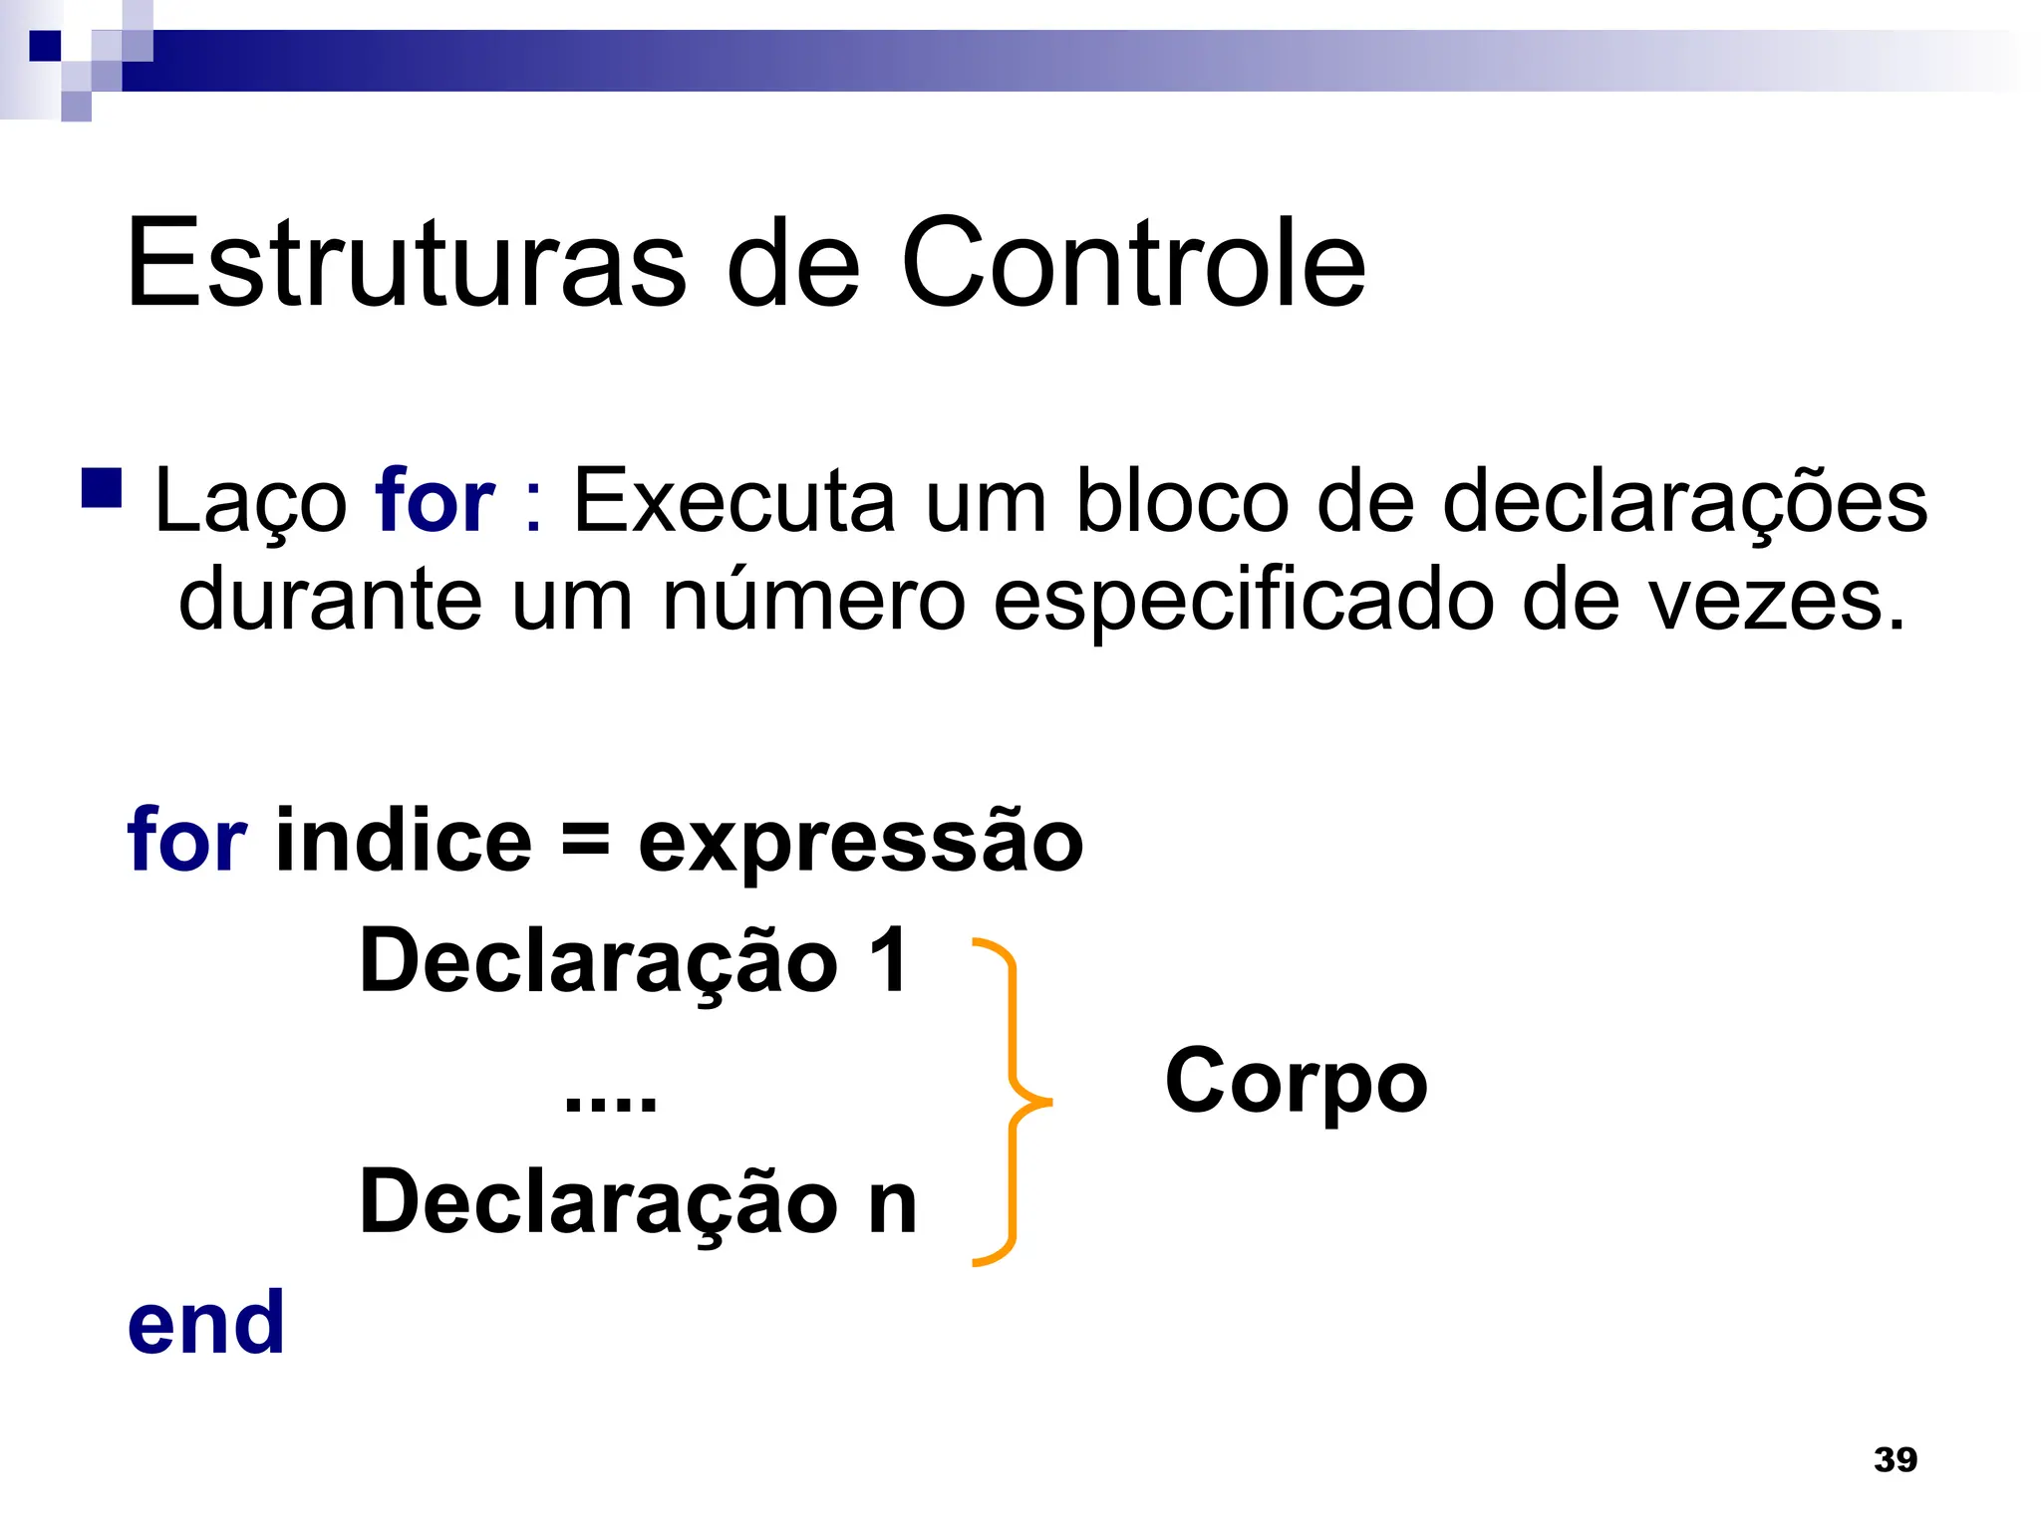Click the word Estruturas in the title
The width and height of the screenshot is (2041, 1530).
coord(407,263)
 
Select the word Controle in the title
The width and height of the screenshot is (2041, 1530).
coord(1133,263)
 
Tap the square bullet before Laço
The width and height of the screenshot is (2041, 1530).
coord(102,488)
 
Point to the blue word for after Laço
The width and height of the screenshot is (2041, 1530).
coord(435,500)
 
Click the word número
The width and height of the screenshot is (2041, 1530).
coord(813,600)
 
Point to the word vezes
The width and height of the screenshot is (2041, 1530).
coord(1775,600)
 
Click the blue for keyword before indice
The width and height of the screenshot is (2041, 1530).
coord(186,840)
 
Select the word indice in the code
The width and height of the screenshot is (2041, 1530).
coord(404,840)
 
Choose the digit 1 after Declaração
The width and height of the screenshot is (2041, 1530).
coord(888,960)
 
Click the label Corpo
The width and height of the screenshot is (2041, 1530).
coord(1296,1084)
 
